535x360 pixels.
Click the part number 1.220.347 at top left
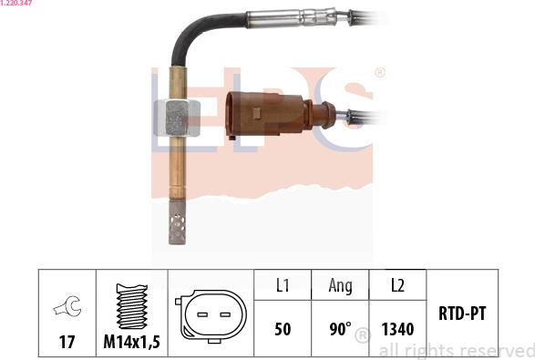coord(16,3)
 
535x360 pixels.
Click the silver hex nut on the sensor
coord(177,118)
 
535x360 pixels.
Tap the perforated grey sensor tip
coord(178,221)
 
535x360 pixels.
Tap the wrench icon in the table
coord(67,306)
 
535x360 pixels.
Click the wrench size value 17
coord(67,342)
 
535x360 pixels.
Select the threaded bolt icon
coord(132,306)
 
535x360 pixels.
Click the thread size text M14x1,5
coord(132,342)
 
